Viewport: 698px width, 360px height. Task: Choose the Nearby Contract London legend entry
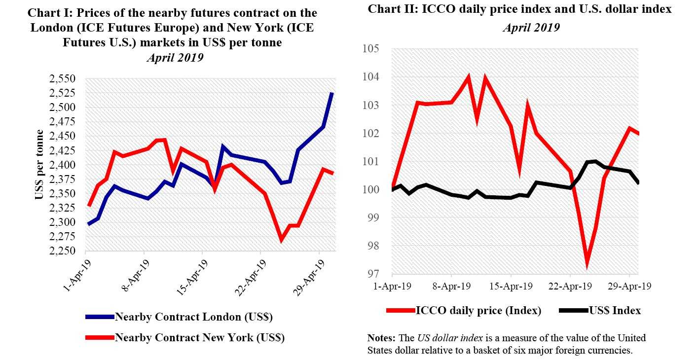tap(193, 317)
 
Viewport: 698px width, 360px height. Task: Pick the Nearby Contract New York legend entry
tap(199, 338)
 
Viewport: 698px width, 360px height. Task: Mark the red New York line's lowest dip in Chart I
tap(281, 240)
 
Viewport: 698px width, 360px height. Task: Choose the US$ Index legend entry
tap(615, 311)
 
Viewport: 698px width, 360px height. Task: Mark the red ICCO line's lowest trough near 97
tap(587, 267)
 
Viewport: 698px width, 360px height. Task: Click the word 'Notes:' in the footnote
tap(381, 338)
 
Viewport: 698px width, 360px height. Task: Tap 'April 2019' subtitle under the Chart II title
tap(531, 28)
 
